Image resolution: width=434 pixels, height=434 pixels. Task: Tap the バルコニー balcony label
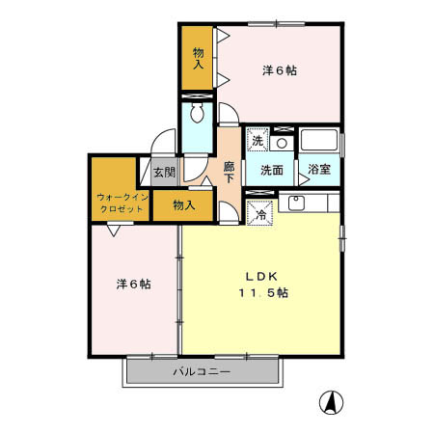pyautogui.click(x=201, y=371)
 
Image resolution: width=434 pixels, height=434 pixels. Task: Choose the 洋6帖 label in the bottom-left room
pyautogui.click(x=133, y=284)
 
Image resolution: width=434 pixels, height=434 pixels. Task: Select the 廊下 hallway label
pyautogui.click(x=230, y=172)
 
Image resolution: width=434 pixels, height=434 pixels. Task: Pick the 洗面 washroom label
pyautogui.click(x=270, y=171)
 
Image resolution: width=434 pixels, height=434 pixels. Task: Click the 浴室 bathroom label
pyautogui.click(x=319, y=171)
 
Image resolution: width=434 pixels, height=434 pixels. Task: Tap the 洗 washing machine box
pyautogui.click(x=258, y=141)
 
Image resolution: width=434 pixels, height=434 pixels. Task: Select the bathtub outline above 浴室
pyautogui.click(x=318, y=140)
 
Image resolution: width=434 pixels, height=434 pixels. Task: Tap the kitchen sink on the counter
pyautogui.click(x=295, y=203)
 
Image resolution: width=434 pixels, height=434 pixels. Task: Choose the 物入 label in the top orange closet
pyautogui.click(x=199, y=59)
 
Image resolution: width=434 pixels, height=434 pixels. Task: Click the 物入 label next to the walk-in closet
pyautogui.click(x=184, y=204)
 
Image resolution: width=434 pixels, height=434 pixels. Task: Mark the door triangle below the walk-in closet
pyautogui.click(x=114, y=230)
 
